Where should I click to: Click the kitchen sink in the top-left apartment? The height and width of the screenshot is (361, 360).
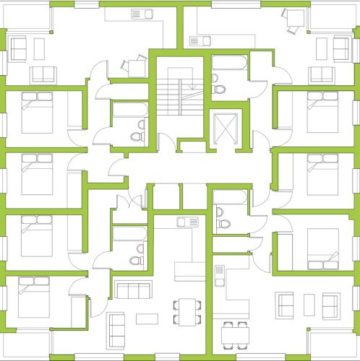coord(138,14)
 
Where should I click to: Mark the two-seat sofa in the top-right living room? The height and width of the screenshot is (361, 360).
coord(321,74)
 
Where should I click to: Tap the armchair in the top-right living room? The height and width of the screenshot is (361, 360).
coord(341,48)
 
